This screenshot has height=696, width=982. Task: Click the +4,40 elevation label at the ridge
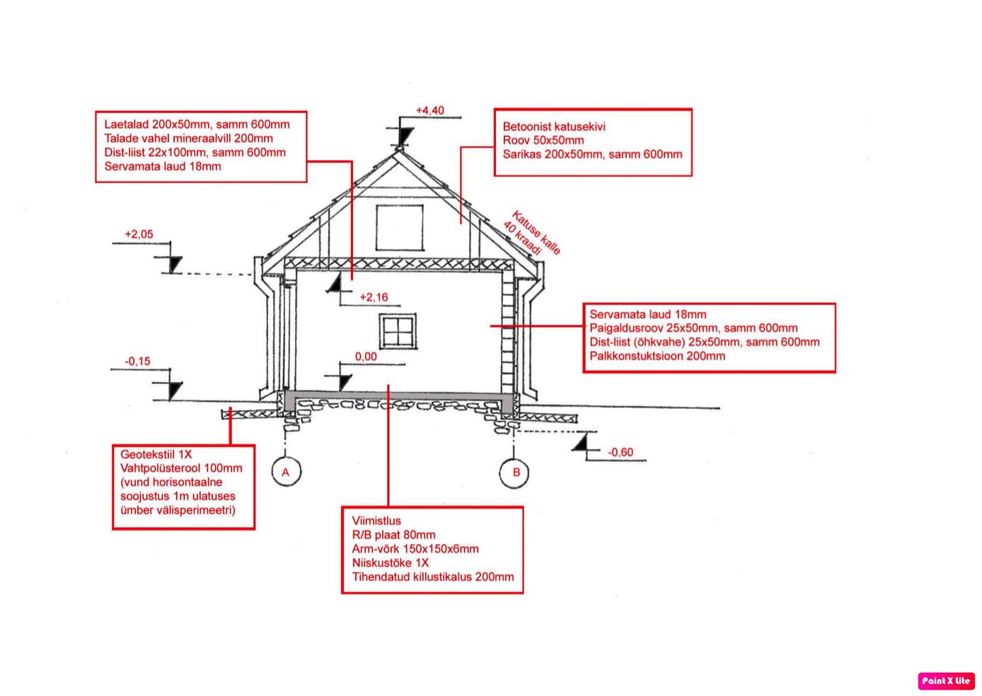pos(429,110)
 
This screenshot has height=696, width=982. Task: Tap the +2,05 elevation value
pos(139,234)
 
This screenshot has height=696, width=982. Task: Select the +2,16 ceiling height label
pos(374,297)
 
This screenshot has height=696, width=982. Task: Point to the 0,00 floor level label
pos(366,356)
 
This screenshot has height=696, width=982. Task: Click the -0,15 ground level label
pos(137,361)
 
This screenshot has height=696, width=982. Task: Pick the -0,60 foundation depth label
pos(620,452)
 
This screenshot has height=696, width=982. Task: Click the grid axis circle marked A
pos(286,472)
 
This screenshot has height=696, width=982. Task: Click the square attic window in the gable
pos(400,227)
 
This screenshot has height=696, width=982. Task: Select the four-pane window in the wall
pos(398,331)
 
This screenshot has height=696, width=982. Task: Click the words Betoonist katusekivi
pos(554,127)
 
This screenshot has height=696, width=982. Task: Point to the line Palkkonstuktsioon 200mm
pos(657,356)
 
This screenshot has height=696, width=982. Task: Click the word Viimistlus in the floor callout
pos(376,521)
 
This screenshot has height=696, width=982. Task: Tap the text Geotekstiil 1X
pos(156,454)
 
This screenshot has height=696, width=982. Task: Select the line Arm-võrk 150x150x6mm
pos(415,549)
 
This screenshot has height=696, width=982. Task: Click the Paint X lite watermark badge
pos(946,680)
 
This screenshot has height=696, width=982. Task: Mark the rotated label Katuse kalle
pos(536,232)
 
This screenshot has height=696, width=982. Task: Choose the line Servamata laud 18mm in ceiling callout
pos(163,166)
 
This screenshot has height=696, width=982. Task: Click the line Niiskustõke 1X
pos(391,563)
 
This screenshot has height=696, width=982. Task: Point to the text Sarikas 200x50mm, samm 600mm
pos(592,154)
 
